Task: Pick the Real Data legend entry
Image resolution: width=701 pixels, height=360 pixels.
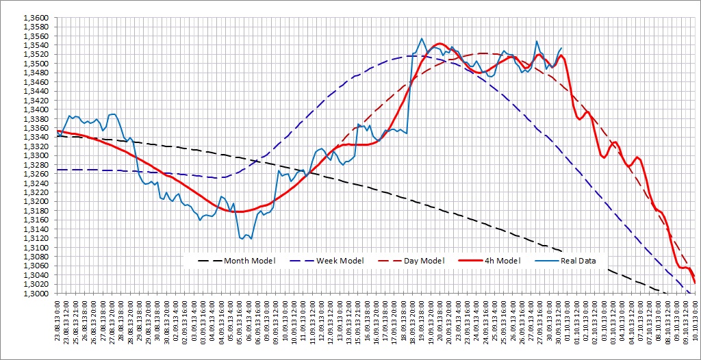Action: coord(578,261)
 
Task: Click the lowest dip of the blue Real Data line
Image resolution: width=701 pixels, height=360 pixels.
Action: coord(251,239)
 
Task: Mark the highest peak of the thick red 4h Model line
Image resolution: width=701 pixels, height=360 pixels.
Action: coord(439,44)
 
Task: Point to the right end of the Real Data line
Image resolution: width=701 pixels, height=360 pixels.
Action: coord(562,48)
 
